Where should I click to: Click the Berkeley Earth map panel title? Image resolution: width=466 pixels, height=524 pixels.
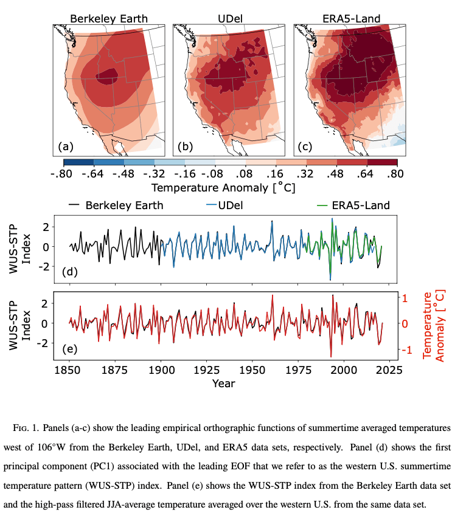(x=109, y=18)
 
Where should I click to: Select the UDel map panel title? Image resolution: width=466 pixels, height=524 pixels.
(x=229, y=18)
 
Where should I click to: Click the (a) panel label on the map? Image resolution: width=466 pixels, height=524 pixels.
(x=66, y=146)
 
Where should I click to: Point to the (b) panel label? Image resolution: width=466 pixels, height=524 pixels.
(x=186, y=146)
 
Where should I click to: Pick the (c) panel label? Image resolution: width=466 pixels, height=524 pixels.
(x=306, y=146)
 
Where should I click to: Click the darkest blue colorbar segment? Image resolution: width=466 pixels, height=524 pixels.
(x=78, y=162)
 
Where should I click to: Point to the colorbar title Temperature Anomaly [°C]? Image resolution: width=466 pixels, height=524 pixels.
(x=223, y=187)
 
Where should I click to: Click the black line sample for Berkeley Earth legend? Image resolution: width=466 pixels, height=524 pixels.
(x=74, y=205)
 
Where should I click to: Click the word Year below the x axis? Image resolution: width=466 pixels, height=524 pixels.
(x=223, y=383)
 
